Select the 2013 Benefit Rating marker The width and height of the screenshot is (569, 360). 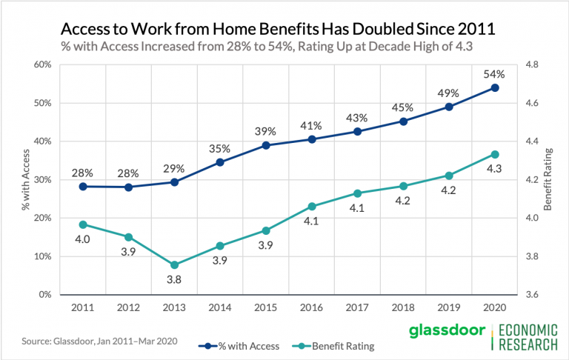coord(175,264)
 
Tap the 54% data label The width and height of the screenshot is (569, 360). coord(495,74)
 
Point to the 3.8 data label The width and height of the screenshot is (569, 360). coord(175,280)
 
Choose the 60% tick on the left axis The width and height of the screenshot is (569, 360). coord(41,64)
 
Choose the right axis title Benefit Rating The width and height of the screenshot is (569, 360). coord(549,180)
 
